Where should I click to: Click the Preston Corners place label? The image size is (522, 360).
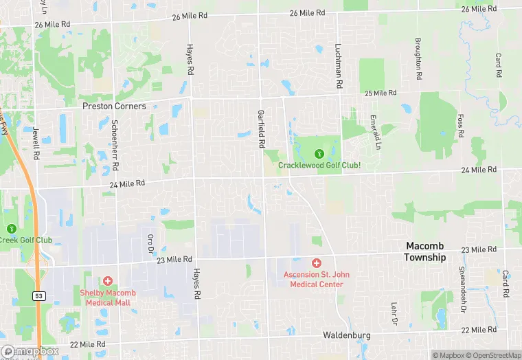pos(114,106)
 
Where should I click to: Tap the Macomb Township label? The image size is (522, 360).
pos(424,251)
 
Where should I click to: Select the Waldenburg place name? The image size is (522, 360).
pos(347,335)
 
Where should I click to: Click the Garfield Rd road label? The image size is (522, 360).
pos(261,130)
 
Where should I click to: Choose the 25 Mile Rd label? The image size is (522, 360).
pos(381,93)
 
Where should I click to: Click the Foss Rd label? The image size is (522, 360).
pos(460,124)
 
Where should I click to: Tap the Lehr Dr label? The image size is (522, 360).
pos(394,311)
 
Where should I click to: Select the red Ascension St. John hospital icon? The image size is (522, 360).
pos(317,263)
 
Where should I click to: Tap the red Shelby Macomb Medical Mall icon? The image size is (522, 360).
pos(107,281)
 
